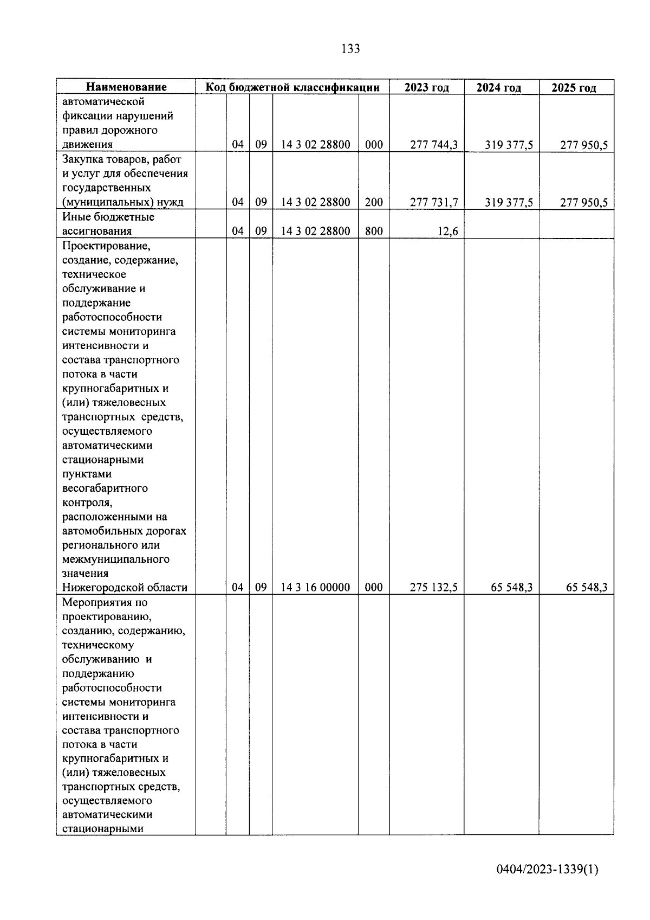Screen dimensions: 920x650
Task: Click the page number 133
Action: [350, 49]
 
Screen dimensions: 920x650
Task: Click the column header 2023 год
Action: [426, 87]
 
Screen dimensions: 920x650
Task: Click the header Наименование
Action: [126, 87]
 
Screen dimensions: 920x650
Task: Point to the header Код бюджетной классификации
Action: [292, 87]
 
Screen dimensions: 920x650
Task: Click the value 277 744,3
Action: [434, 145]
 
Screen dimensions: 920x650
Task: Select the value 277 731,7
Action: [434, 203]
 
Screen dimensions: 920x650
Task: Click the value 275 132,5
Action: [434, 587]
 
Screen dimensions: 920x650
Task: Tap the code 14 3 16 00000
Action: [315, 587]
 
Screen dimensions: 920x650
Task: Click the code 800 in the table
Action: [374, 231]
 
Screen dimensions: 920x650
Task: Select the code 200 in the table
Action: [374, 203]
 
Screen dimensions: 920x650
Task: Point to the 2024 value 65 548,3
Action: [511, 587]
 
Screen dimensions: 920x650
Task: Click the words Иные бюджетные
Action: [108, 217]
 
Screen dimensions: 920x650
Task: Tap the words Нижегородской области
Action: [125, 587]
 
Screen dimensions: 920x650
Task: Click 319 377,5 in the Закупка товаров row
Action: [509, 203]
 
